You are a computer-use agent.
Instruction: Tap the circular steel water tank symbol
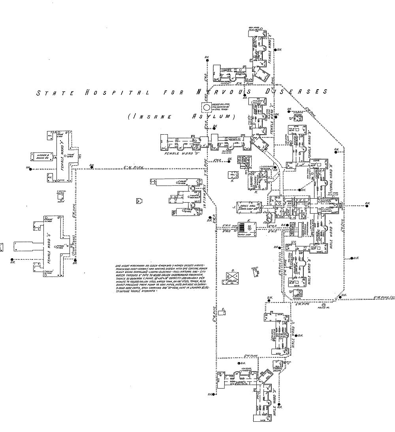[206, 107]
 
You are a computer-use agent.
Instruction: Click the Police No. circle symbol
[324, 306]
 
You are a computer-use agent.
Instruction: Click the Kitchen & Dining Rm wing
[43, 156]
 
